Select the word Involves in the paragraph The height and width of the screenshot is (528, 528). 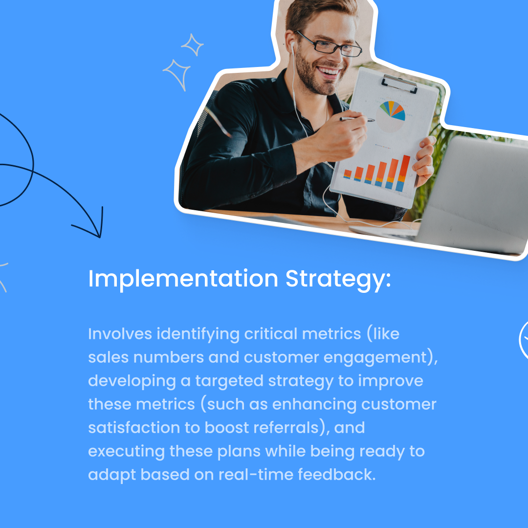pyautogui.click(x=120, y=334)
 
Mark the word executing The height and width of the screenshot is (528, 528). pyautogui.click(x=126, y=451)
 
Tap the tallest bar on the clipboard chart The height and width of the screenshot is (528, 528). pyautogui.click(x=403, y=172)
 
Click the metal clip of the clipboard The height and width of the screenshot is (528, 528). pyautogui.click(x=400, y=83)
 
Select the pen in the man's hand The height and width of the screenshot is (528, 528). pyautogui.click(x=357, y=119)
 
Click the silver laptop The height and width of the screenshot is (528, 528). pyautogui.click(x=469, y=196)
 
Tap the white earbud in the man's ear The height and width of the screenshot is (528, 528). pyautogui.click(x=292, y=47)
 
